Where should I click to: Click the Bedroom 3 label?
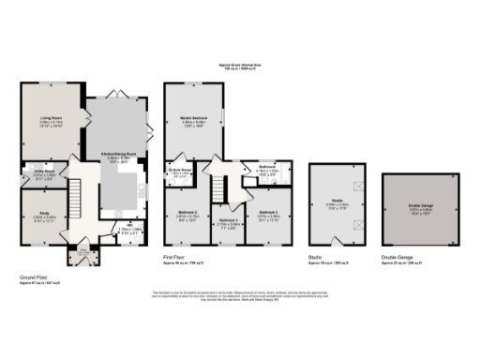[268, 213]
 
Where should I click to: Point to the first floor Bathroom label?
[265, 169]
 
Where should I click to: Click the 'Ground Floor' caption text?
[34, 277]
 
